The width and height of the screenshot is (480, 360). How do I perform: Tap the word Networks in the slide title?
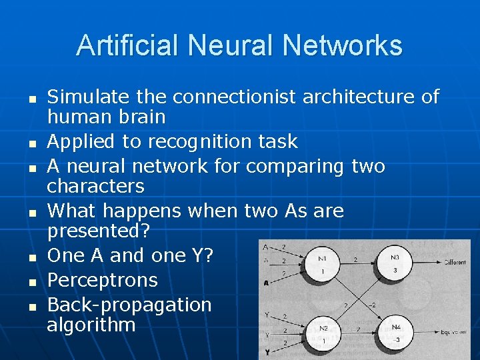pyautogui.click(x=343, y=46)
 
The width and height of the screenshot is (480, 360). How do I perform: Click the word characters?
pyautogui.click(x=95, y=185)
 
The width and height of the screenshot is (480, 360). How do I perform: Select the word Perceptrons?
pyautogui.click(x=103, y=280)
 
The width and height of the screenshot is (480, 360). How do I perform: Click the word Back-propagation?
pyautogui.click(x=129, y=305)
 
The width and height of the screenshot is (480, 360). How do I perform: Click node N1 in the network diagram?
pyautogui.click(x=323, y=265)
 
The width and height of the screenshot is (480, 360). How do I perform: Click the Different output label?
pyautogui.click(x=455, y=262)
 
